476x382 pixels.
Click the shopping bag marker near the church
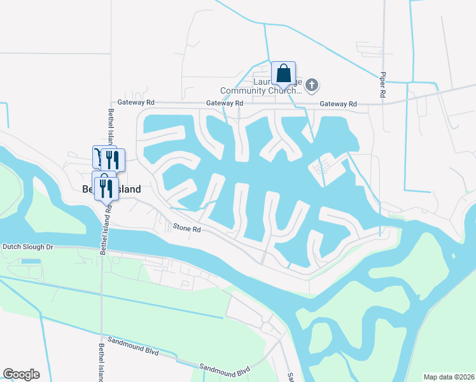click(x=283, y=73)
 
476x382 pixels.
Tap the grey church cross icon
click(x=312, y=84)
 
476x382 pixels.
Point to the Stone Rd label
click(x=187, y=227)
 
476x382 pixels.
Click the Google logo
click(x=21, y=374)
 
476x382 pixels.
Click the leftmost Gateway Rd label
click(x=136, y=102)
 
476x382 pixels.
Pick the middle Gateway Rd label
click(x=225, y=103)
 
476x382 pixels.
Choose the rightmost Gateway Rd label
click(x=338, y=104)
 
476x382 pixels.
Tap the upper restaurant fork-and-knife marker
click(x=113, y=159)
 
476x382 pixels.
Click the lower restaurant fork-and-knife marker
click(x=106, y=188)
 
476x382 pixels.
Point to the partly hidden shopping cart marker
click(x=97, y=156)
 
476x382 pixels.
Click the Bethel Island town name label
click(x=112, y=189)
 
